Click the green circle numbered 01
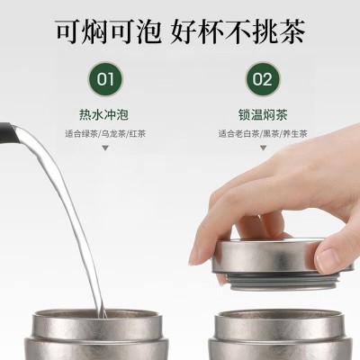[105, 79]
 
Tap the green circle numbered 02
[262, 79]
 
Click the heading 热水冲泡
[103, 115]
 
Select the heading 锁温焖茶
[263, 115]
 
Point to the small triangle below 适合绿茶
[105, 148]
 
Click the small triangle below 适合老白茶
[263, 148]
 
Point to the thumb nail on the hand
[328, 258]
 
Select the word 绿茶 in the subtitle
[90, 134]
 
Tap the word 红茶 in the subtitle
[138, 134]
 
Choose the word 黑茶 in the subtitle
[271, 134]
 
